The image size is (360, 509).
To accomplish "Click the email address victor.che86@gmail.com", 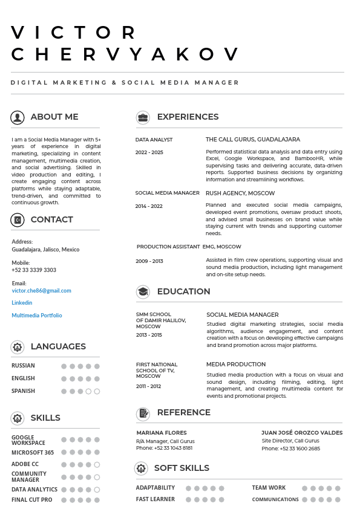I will coord(41,291).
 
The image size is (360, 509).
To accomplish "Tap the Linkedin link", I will coord(22,303).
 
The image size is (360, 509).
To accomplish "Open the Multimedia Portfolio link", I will coord(36,316).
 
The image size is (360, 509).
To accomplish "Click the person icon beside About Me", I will coord(18,117).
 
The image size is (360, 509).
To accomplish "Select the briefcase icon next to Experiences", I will coord(143,117).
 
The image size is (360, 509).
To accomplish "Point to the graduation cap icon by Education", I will coord(143,292).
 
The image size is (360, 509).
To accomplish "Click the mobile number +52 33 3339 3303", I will coord(34,270).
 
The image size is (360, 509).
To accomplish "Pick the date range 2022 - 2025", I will coord(149,152).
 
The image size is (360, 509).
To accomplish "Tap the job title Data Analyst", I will coord(154,140).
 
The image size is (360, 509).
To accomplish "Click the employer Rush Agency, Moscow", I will coord(240,193).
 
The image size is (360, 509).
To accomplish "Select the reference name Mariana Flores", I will coord(162,433).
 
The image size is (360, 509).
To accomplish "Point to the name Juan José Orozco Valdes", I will coord(302,433).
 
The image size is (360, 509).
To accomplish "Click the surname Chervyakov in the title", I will coord(126,54).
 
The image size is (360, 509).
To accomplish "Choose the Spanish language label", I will coord(23,391).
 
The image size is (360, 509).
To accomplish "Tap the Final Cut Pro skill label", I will coord(31,500).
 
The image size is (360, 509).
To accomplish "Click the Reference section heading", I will coord(183,413).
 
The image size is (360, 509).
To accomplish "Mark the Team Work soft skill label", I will coord(269,488).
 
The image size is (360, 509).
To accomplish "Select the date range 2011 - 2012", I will coord(148,386).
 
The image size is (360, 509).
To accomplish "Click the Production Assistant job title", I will coord(168,247).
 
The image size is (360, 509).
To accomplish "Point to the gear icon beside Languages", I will coord(18,347).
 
